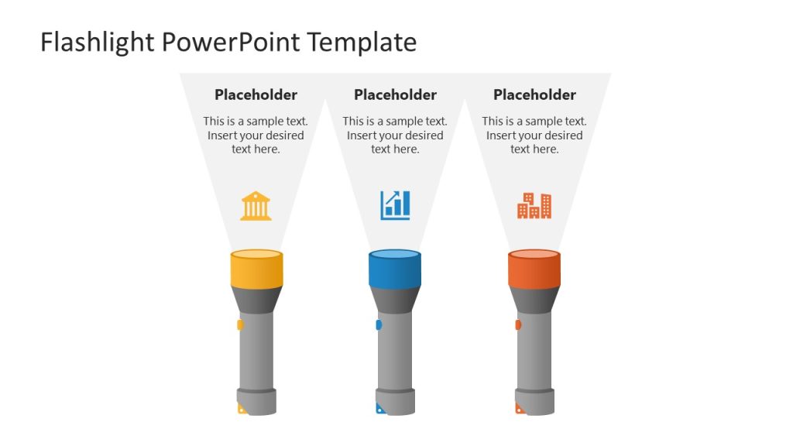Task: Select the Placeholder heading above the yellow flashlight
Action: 256,94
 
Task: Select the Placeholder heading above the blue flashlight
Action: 395,94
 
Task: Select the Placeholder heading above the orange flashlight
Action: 534,94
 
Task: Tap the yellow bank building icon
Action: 256,206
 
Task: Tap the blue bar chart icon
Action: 395,205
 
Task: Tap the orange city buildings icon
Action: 534,205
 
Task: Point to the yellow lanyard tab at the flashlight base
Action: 242,409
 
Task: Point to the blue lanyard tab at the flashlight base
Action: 380,409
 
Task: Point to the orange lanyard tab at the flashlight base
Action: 520,409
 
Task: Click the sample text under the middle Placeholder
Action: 395,136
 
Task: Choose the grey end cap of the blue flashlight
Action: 396,401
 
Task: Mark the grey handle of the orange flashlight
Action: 534,348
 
